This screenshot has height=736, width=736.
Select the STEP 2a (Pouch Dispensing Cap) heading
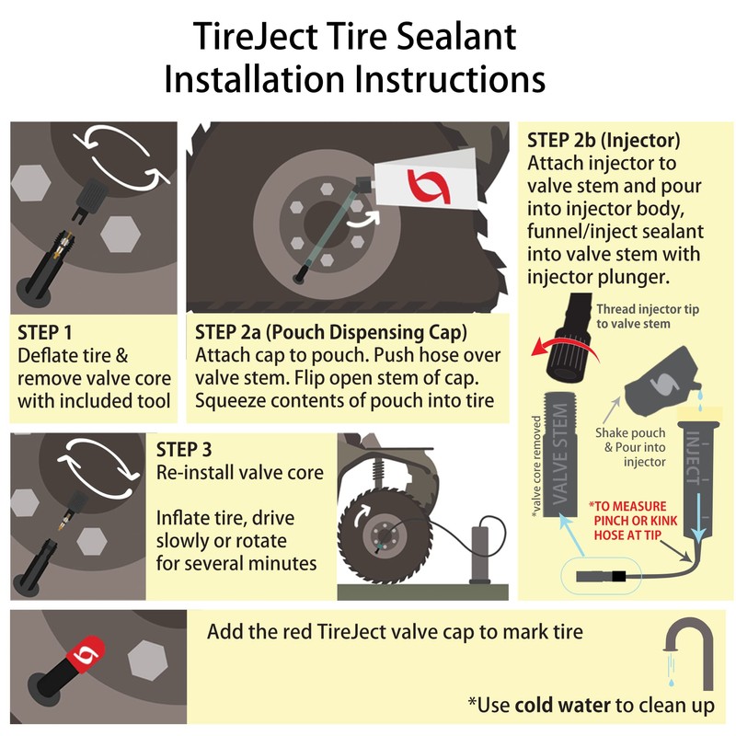[332, 332]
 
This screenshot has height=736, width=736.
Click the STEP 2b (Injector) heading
[603, 141]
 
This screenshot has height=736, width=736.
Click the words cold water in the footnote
[562, 706]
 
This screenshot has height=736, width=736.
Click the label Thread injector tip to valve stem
[648, 316]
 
